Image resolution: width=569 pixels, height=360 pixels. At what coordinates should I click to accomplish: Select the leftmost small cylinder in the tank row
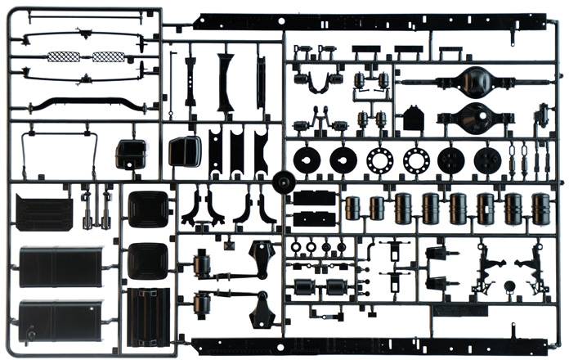353,207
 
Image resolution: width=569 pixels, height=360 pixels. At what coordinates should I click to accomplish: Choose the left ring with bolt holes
379,160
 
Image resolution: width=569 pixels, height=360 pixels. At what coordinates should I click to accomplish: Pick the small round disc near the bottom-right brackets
509,286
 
